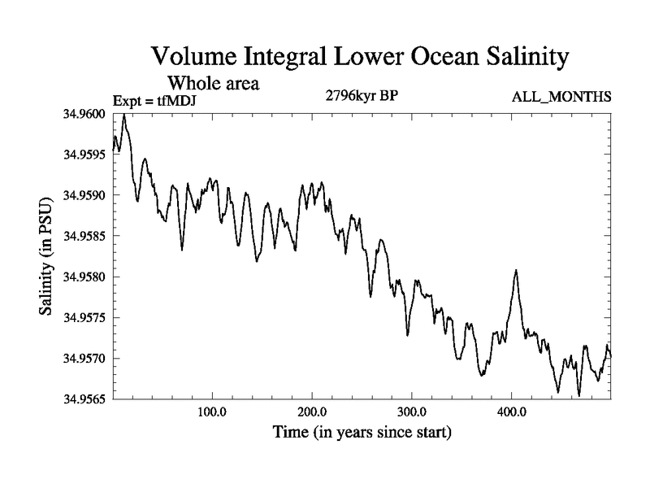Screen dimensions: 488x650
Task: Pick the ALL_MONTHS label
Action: [561, 98]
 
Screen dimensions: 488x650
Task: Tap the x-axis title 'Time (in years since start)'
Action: [362, 432]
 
